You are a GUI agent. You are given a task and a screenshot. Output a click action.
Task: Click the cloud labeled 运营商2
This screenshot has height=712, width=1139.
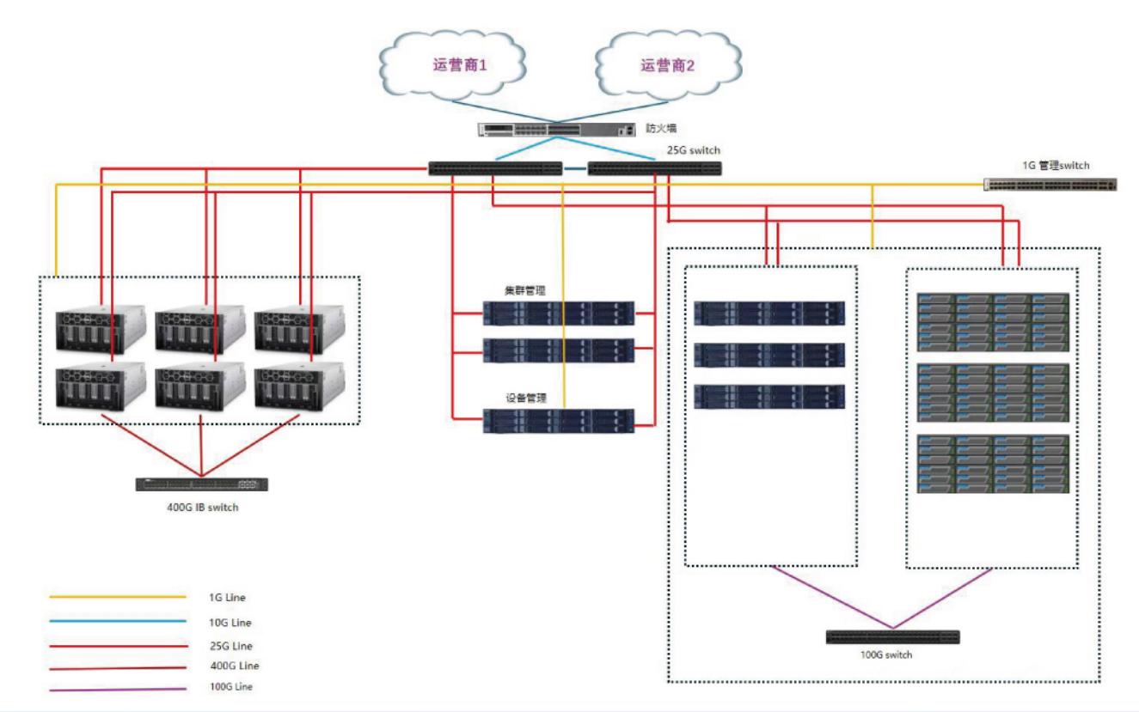[667, 64]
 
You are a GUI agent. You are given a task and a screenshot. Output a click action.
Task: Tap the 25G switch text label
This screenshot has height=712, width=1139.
[693, 150]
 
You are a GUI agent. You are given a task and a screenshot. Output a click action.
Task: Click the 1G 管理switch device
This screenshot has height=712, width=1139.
[1050, 184]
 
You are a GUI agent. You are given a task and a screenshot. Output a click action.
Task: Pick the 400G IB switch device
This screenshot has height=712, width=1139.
[202, 484]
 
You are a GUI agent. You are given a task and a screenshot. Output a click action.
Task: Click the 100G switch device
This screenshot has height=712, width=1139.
[892, 637]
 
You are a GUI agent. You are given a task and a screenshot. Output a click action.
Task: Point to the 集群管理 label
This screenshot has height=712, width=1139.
[525, 291]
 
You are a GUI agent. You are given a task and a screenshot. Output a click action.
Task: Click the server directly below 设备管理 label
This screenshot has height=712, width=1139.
[559, 420]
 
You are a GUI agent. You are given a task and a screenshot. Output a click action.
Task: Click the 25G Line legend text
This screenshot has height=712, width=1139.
[230, 646]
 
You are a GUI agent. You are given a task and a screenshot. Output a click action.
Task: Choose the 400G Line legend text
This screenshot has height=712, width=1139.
[233, 666]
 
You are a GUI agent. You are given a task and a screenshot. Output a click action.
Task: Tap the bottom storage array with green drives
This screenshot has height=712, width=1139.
[993, 464]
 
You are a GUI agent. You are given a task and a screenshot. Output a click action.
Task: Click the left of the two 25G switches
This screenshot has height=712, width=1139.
[495, 168]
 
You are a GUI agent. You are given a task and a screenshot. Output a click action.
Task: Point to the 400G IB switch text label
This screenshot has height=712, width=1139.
[202, 508]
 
